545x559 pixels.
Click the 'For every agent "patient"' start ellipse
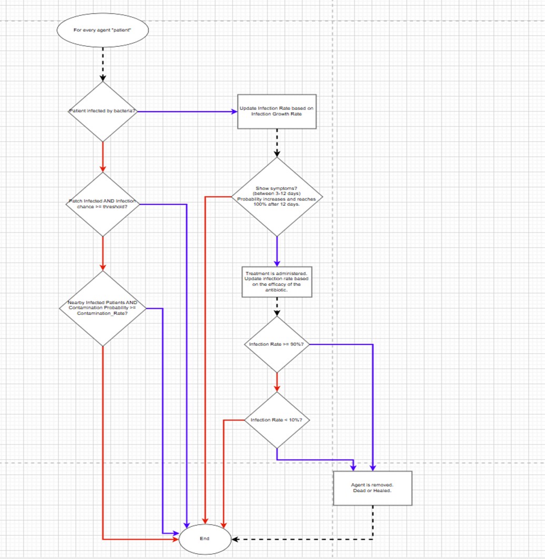click(103, 30)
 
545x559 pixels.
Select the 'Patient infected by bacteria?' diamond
click(103, 112)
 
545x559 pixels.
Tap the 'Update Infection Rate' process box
click(277, 112)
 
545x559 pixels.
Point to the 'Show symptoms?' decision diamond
click(277, 197)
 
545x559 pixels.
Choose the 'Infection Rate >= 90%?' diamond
click(277, 344)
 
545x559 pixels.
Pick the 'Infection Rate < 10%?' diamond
click(277, 420)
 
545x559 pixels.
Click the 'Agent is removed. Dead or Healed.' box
click(372, 488)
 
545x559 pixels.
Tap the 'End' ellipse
click(205, 539)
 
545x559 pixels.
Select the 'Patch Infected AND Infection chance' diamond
click(103, 204)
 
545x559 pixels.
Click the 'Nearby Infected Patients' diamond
click(103, 308)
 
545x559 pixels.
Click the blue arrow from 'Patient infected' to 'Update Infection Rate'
click(187, 112)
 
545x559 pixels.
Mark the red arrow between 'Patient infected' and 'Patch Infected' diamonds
click(103, 157)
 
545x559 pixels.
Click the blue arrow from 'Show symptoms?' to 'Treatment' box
click(277, 252)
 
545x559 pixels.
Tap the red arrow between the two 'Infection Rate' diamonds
click(277, 382)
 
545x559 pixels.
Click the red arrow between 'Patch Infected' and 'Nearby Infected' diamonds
click(103, 253)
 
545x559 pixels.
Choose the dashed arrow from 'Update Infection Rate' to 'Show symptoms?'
click(277, 143)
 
